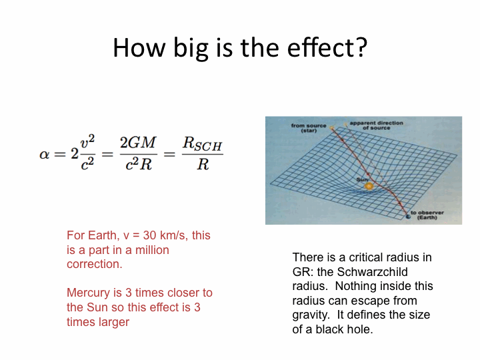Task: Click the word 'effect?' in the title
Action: point(327,47)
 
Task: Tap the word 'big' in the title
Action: point(191,49)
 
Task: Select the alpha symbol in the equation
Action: point(45,154)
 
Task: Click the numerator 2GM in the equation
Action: point(138,143)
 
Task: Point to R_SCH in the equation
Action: point(203,143)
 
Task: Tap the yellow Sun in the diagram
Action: point(369,186)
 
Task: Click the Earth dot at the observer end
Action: point(408,217)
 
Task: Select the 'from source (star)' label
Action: point(309,128)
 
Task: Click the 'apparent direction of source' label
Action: point(376,125)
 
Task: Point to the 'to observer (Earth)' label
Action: point(427,215)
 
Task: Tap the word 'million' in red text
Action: point(152,250)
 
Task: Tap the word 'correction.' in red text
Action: point(95,264)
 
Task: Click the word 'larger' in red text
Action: point(114,323)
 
